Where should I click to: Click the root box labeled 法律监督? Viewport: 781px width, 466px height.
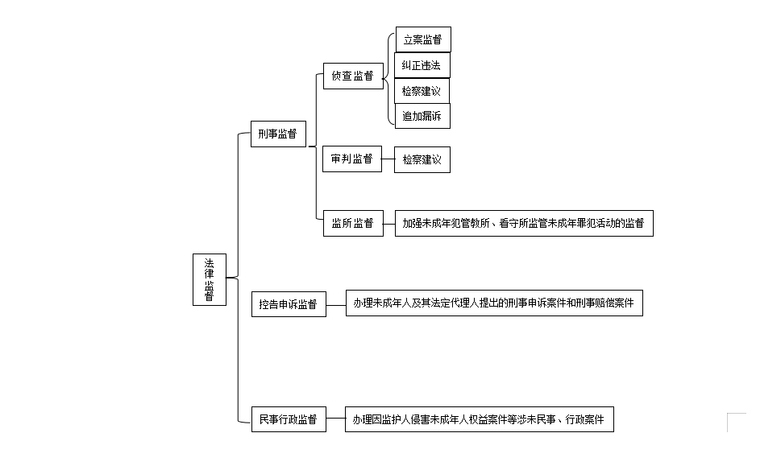click(210, 279)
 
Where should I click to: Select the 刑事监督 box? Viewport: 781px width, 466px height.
click(278, 134)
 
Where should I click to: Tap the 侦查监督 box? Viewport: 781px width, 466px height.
click(353, 76)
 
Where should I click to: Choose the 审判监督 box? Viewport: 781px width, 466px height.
click(352, 159)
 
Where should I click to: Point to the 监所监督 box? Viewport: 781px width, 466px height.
click(353, 223)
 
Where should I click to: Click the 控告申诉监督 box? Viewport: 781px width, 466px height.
click(289, 304)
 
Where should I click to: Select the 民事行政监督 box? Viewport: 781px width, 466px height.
click(289, 419)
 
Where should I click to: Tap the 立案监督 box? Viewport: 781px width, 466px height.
click(423, 39)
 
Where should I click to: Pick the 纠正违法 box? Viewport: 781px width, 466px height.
click(422, 65)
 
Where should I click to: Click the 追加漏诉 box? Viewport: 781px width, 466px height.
click(422, 116)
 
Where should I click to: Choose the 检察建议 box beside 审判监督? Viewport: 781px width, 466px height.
click(422, 159)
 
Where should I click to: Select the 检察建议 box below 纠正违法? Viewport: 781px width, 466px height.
click(422, 91)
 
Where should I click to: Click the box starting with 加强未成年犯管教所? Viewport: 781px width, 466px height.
click(524, 223)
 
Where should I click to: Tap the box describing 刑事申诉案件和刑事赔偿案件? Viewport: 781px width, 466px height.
click(494, 303)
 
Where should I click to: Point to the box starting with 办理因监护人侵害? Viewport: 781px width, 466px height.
click(480, 419)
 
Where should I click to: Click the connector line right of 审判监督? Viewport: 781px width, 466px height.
click(388, 159)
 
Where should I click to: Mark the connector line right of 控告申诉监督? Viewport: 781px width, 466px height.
click(336, 305)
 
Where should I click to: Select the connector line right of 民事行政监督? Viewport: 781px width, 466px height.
click(336, 419)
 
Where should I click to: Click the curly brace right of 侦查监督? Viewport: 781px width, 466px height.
click(388, 79)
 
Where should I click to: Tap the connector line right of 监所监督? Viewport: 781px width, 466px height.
click(389, 224)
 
